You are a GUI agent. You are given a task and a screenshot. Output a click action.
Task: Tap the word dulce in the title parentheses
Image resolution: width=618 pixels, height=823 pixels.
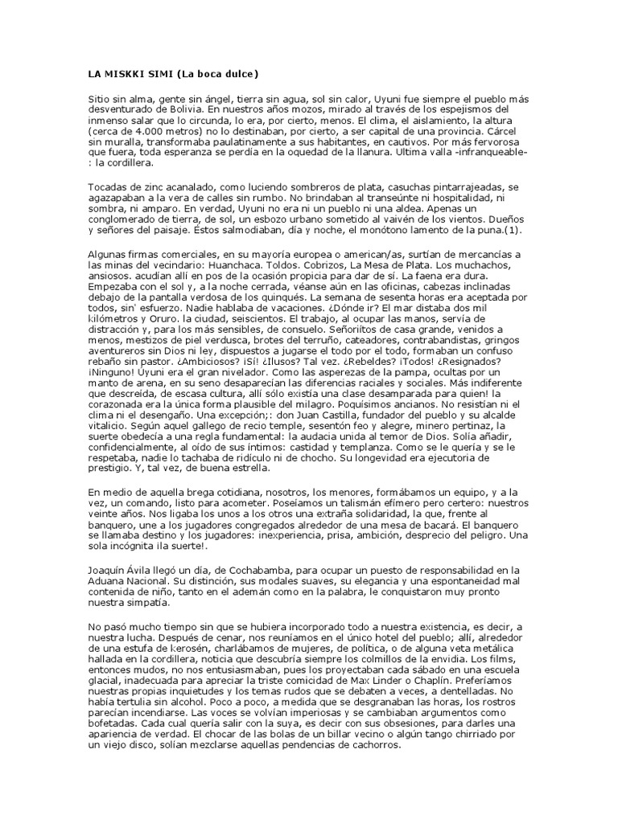click(x=235, y=75)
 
